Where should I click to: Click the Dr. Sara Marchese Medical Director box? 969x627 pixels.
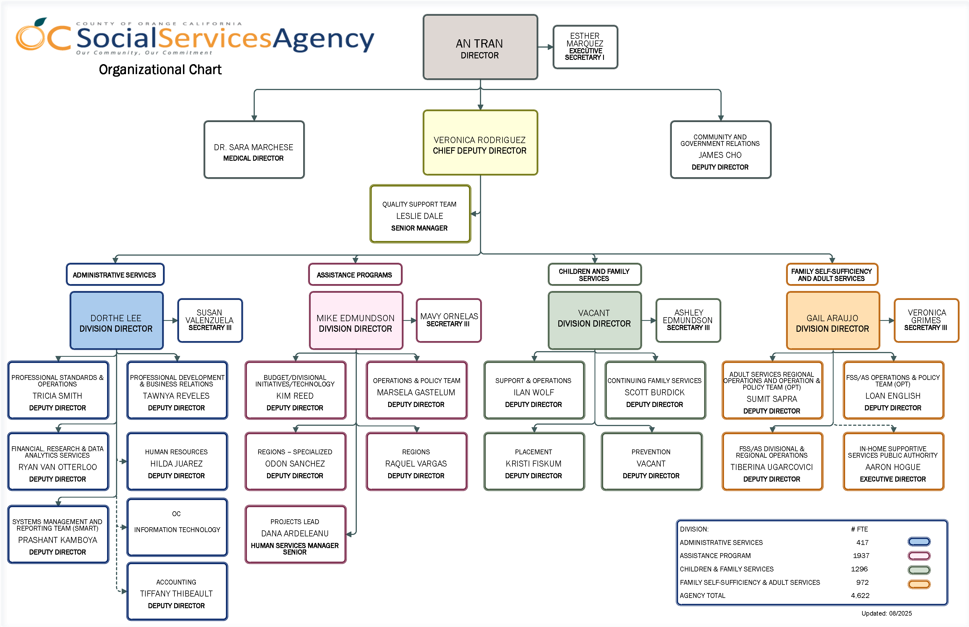click(254, 149)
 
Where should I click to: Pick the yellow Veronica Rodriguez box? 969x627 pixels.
click(480, 142)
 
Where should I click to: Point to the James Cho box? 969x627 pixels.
click(720, 149)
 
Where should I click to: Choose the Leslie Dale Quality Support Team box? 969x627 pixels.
click(420, 214)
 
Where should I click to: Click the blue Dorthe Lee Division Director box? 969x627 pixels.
click(117, 320)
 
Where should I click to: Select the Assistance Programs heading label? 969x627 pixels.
click(355, 275)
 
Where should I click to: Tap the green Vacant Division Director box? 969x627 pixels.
click(594, 320)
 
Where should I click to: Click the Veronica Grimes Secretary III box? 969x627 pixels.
click(926, 320)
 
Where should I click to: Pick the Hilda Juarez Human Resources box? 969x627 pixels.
click(177, 462)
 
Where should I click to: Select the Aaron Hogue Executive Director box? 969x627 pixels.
click(893, 462)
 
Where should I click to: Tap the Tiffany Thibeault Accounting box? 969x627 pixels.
click(177, 592)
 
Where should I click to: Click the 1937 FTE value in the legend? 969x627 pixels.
click(861, 556)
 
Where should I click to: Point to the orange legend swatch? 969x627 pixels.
click(919, 584)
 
